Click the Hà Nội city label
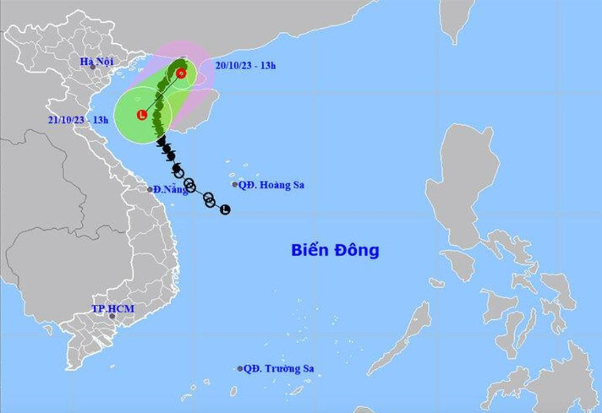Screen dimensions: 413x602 96,61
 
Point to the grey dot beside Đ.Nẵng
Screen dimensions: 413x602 150,189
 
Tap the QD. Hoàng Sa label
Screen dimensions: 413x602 271,185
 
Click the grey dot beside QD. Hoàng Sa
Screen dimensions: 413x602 235,185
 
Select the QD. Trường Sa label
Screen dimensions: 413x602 280,368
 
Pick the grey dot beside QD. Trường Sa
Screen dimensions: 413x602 240,368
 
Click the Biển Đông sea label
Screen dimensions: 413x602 335,250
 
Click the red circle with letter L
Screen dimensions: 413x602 142,114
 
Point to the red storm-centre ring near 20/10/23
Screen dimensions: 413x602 181,73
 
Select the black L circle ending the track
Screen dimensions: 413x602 225,209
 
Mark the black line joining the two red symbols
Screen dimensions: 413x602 161,94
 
